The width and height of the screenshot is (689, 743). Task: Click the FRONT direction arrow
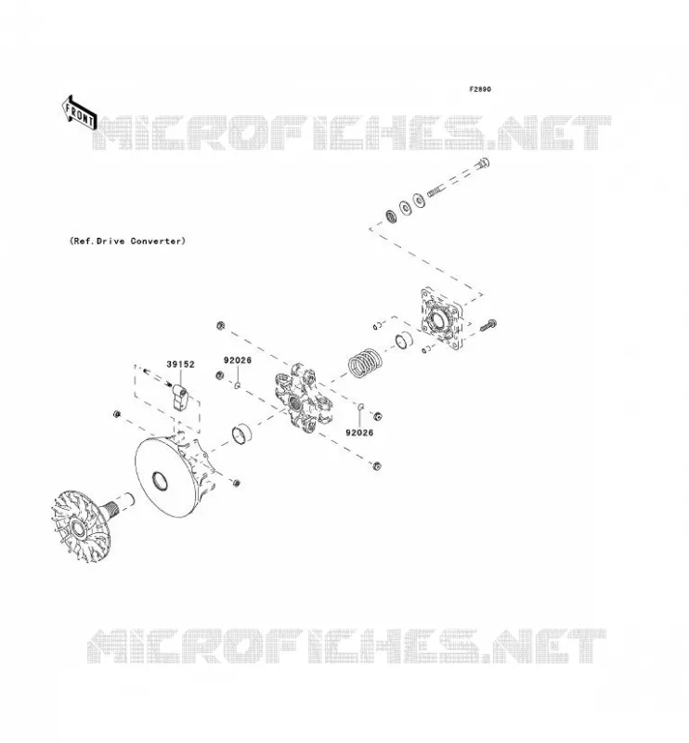[80, 112]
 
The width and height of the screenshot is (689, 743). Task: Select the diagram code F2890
[480, 89]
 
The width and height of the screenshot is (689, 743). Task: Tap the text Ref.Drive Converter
[127, 241]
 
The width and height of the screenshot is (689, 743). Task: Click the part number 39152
[180, 364]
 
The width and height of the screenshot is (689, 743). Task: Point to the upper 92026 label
[238, 360]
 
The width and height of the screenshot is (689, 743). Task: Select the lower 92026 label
[359, 433]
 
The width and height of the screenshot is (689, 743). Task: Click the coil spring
[365, 362]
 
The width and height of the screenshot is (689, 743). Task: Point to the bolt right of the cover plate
[488, 326]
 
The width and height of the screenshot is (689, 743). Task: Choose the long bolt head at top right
[483, 164]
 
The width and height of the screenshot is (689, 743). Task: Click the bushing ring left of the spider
[241, 434]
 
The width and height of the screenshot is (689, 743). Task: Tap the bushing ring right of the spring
[404, 340]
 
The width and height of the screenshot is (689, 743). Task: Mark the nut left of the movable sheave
[117, 414]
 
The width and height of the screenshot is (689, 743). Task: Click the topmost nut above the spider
[220, 326]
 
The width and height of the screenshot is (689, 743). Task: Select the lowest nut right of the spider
[377, 466]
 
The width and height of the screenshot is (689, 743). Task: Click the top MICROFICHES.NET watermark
[351, 132]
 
